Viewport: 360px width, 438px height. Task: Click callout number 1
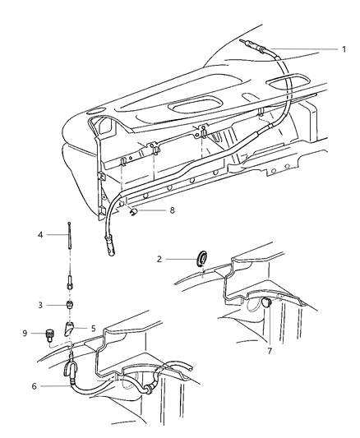(x=344, y=49)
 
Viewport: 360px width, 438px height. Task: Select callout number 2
(x=159, y=259)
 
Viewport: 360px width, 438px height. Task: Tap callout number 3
(x=40, y=305)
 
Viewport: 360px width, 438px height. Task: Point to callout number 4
(x=40, y=235)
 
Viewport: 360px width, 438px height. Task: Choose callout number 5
(x=93, y=329)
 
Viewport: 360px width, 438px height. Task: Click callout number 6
(x=34, y=386)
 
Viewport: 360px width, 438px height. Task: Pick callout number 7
(x=270, y=351)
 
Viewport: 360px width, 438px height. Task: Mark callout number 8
(x=172, y=210)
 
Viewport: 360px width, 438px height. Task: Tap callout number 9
(x=25, y=333)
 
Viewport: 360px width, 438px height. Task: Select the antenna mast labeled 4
(x=69, y=235)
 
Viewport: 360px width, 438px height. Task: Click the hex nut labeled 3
(x=70, y=305)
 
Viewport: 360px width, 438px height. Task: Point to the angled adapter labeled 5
(x=70, y=329)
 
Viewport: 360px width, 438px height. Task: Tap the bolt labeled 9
(x=48, y=335)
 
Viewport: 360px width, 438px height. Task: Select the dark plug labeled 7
(x=265, y=302)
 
